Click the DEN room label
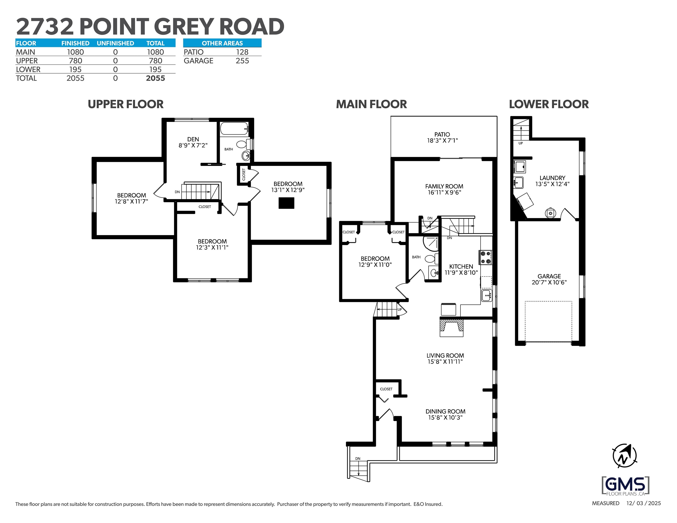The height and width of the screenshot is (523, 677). (193, 139)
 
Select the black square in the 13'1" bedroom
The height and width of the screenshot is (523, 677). (287, 203)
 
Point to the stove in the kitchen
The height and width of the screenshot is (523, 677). (485, 257)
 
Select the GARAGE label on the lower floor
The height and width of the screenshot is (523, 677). (549, 276)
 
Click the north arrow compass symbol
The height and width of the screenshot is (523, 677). (624, 455)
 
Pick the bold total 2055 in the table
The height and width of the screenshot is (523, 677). (155, 78)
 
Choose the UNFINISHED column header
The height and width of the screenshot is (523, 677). (115, 43)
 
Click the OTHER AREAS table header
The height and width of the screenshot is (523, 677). (222, 43)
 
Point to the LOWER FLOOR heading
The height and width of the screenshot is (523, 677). (549, 104)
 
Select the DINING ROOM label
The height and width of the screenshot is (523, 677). (445, 411)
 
